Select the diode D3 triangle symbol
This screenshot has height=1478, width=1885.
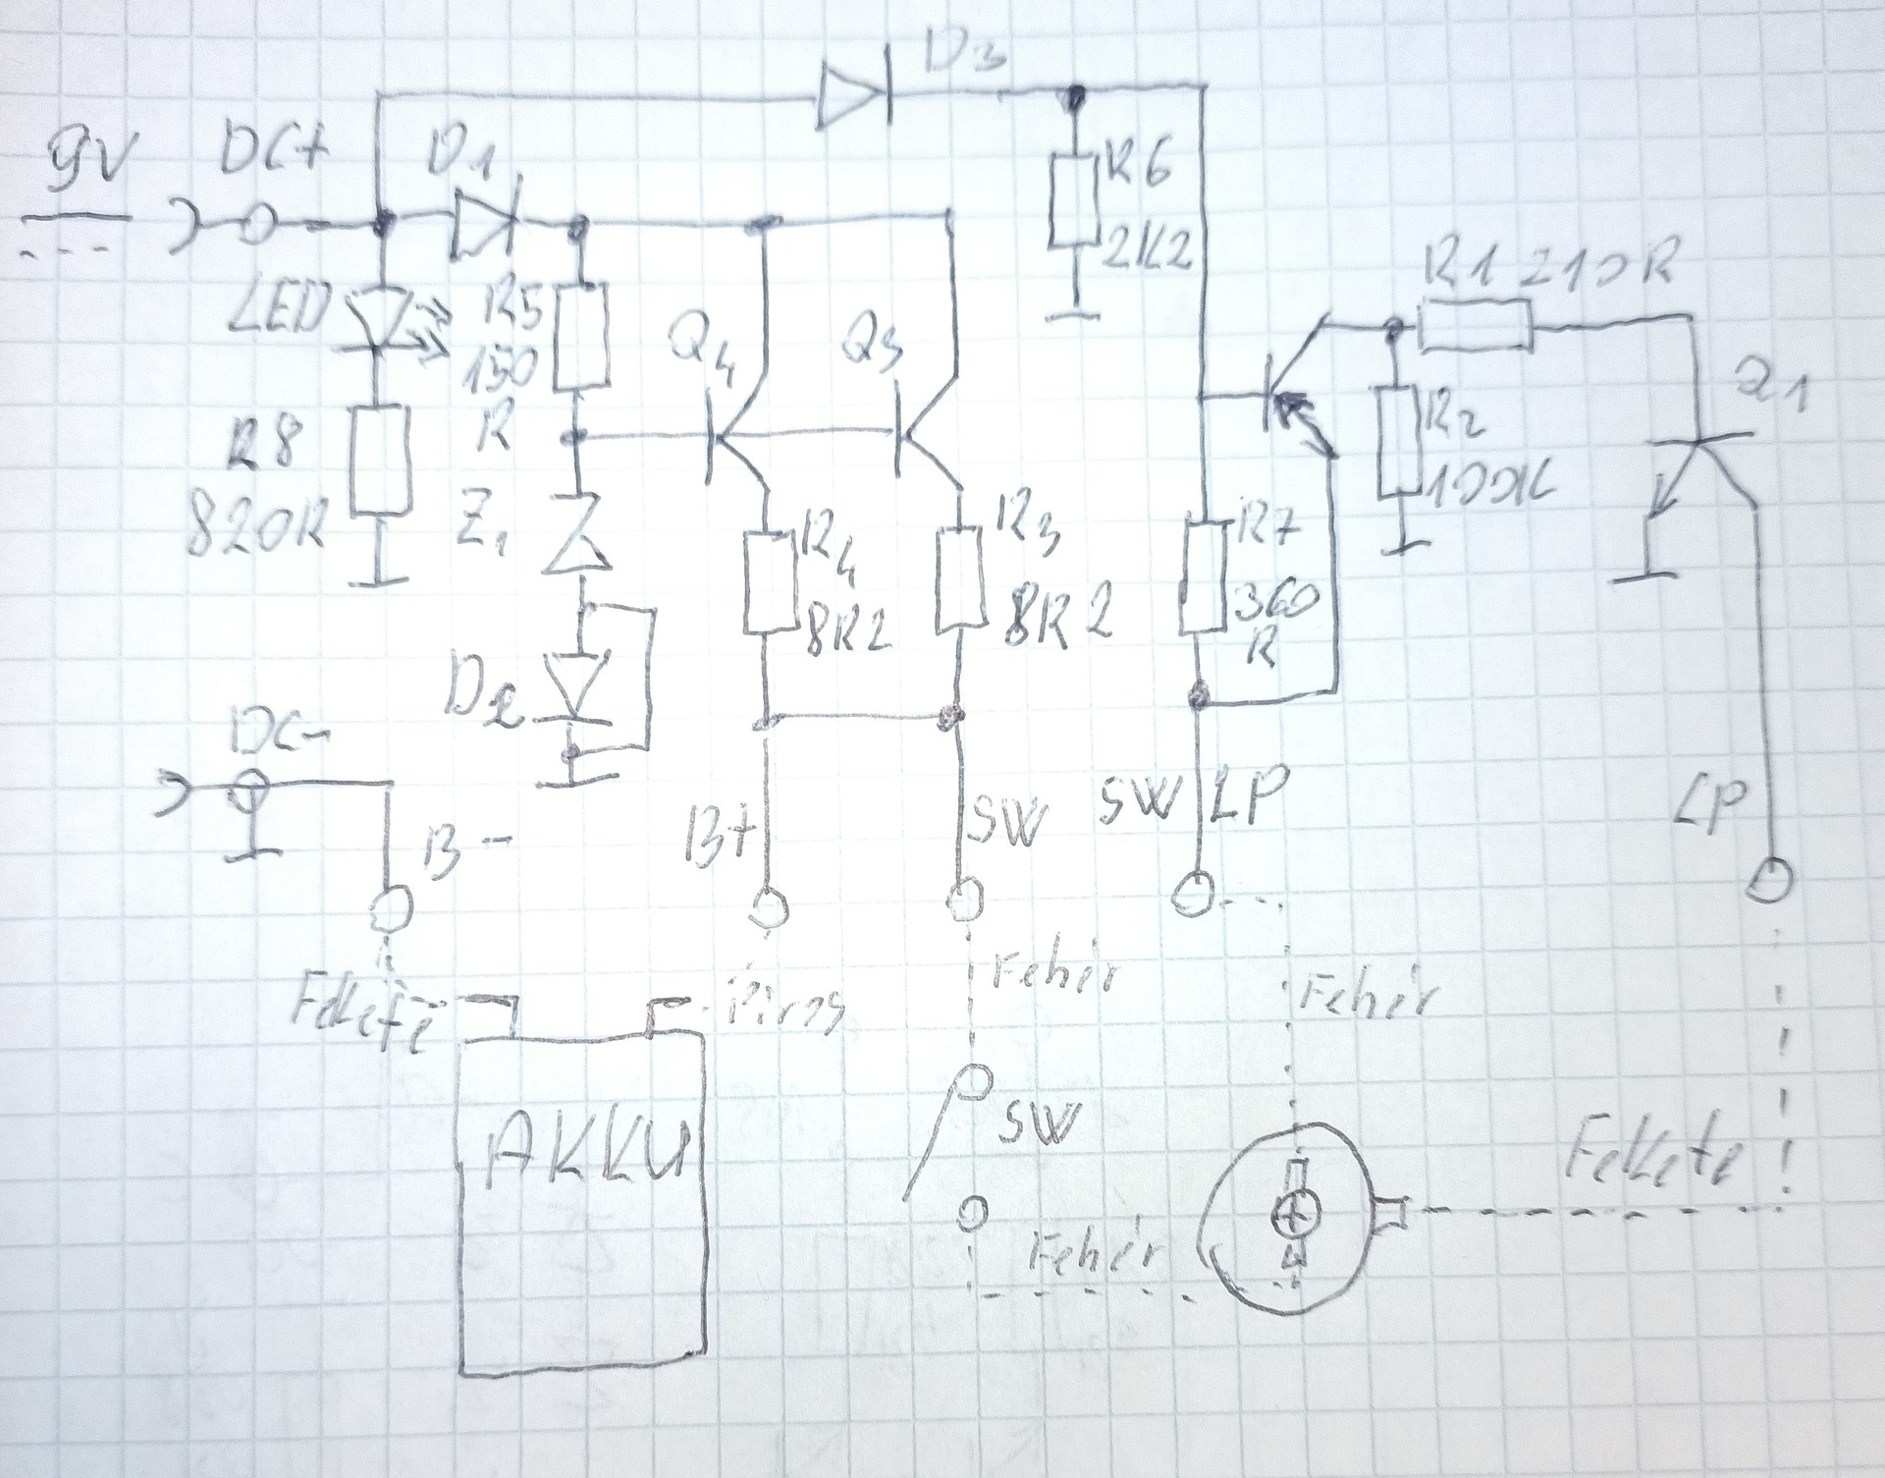(x=852, y=98)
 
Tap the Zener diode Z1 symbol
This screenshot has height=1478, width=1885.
(x=578, y=543)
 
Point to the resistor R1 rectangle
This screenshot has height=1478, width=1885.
(x=1474, y=325)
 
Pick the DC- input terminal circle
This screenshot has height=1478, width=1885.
(x=248, y=787)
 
